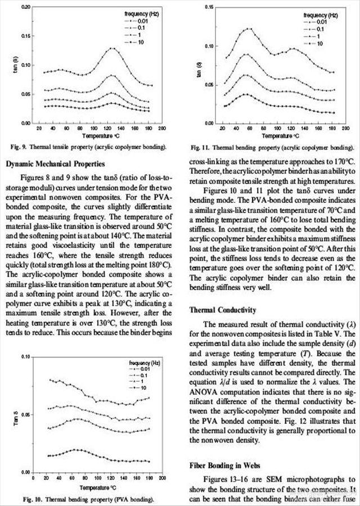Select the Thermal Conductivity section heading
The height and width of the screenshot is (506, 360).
pyautogui.click(x=220, y=309)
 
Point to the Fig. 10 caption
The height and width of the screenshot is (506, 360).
pyautogui.click(x=88, y=499)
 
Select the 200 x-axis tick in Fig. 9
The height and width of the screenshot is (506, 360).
pyautogui.click(x=161, y=129)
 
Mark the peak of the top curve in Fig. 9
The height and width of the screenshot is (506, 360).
pyautogui.click(x=113, y=48)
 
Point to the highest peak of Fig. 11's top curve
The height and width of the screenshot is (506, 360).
pyautogui.click(x=249, y=29)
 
